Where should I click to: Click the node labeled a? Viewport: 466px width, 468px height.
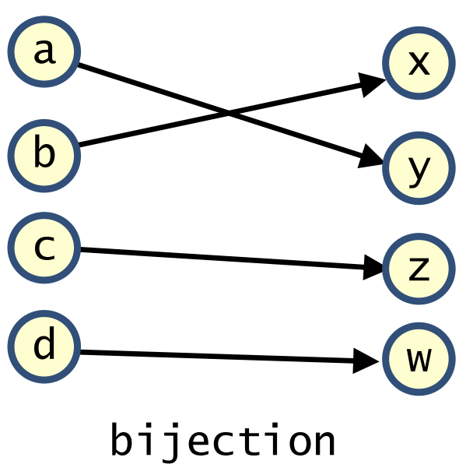click(44, 51)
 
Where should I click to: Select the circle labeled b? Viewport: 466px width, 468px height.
click(44, 156)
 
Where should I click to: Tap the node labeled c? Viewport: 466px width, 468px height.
click(44, 248)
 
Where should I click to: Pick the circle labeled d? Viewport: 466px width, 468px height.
click(44, 347)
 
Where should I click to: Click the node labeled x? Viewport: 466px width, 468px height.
click(419, 62)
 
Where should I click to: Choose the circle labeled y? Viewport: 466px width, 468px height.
click(419, 168)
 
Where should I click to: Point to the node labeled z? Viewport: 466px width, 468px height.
click(419, 269)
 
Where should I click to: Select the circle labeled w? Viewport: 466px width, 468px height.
click(419, 359)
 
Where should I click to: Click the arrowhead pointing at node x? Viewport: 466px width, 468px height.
click(371, 84)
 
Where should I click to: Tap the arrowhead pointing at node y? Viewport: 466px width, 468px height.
click(370, 157)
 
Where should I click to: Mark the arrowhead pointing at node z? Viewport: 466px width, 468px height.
click(372, 267)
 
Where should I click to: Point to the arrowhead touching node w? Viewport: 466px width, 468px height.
click(365, 361)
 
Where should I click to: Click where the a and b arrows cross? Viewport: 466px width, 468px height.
click(229, 114)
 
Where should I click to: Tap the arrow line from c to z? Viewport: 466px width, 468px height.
click(222, 259)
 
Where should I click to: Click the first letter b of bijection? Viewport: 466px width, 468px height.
click(121, 439)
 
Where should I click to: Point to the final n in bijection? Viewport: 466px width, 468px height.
click(325, 443)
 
